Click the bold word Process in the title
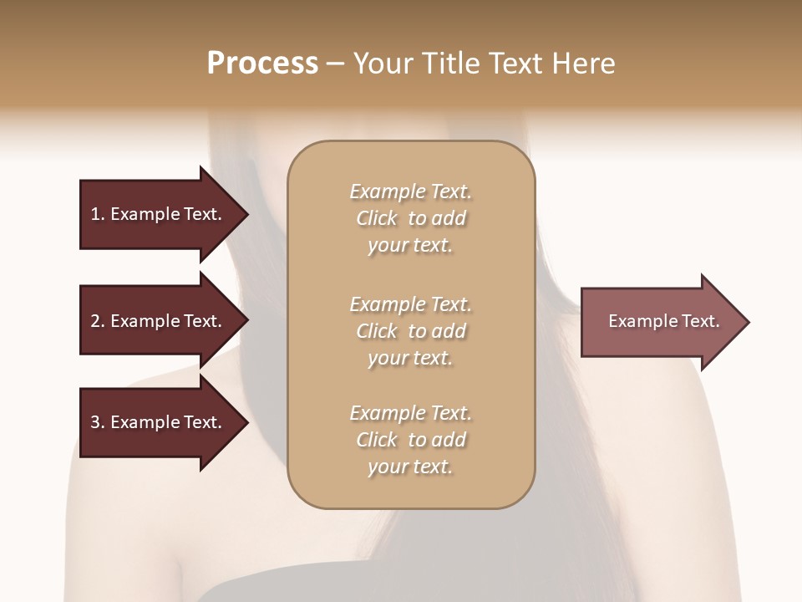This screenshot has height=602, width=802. pyautogui.click(x=262, y=64)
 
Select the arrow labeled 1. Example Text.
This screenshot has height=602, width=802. pyautogui.click(x=159, y=214)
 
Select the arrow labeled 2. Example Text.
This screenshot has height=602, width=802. pyautogui.click(x=159, y=321)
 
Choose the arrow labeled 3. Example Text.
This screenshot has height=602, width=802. pyautogui.click(x=159, y=422)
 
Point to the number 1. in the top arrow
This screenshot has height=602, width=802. pyautogui.click(x=98, y=214)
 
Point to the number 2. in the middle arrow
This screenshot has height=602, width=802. pyautogui.click(x=98, y=321)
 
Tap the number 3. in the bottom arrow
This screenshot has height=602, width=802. pyautogui.click(x=98, y=422)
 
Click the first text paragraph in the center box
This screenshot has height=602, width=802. pyautogui.click(x=410, y=218)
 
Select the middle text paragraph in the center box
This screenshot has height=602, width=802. pyautogui.click(x=410, y=331)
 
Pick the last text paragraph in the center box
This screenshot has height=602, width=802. pyautogui.click(x=410, y=440)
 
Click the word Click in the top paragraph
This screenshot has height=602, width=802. pyautogui.click(x=377, y=218)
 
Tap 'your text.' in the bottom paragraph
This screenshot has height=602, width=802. pyautogui.click(x=410, y=467)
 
